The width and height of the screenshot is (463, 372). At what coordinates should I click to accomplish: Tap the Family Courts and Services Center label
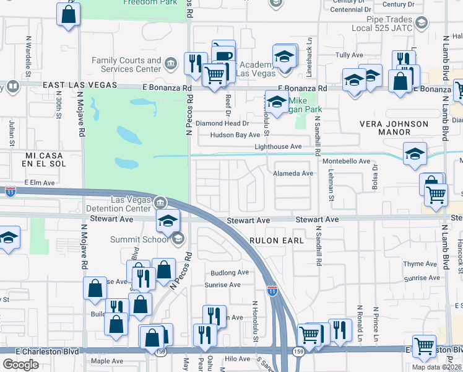click(x=126, y=64)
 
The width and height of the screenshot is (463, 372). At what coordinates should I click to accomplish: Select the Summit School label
click(x=139, y=239)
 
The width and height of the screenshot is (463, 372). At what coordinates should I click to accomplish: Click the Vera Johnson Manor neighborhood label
click(x=394, y=128)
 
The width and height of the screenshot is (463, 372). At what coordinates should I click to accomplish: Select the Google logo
click(x=20, y=365)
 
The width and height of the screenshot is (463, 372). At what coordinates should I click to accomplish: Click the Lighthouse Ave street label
click(x=278, y=146)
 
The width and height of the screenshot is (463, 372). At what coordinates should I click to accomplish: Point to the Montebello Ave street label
click(x=345, y=161)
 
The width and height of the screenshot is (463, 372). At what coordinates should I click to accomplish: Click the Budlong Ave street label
click(x=229, y=272)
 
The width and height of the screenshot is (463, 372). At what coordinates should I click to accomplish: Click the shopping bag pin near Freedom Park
click(x=68, y=14)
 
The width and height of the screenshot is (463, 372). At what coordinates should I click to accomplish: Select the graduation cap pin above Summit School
click(x=167, y=220)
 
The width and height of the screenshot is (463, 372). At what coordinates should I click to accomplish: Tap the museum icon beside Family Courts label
click(x=170, y=63)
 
